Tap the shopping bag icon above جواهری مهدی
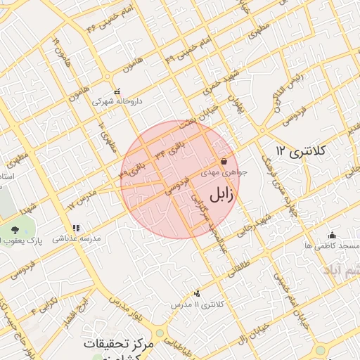pyautogui.click(x=224, y=161)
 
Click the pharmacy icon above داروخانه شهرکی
pyautogui.click(x=117, y=91)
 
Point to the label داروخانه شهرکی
pyautogui.click(x=117, y=101)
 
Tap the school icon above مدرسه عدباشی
pyautogui.click(x=76, y=228)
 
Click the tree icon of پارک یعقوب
pyautogui.click(x=15, y=230)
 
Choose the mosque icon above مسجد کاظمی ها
pyautogui.click(x=332, y=235)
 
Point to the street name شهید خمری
pyautogui.click(x=215, y=84)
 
